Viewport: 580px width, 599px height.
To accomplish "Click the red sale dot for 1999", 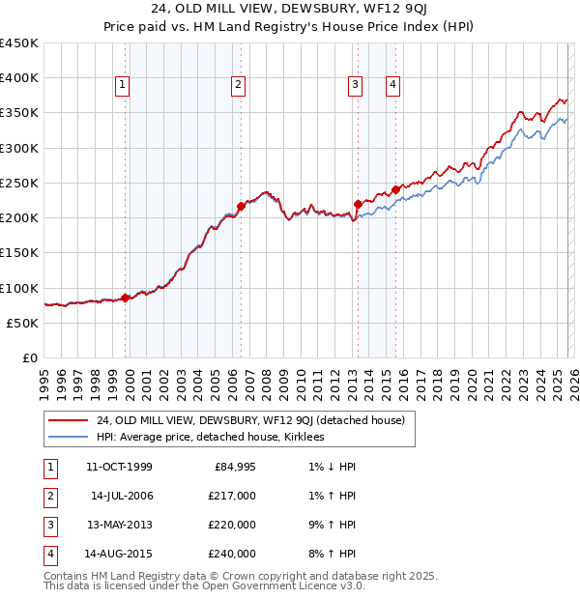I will [126, 298].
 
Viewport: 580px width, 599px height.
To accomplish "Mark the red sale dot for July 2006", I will [241, 205].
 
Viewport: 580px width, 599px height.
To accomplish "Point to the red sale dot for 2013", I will [358, 204].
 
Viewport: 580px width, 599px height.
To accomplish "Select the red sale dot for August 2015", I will [396, 189].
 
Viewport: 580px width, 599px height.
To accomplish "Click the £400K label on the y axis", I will [19, 78].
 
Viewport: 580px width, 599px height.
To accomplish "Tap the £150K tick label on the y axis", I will [19, 253].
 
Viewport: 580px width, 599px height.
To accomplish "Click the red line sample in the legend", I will [68, 420].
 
